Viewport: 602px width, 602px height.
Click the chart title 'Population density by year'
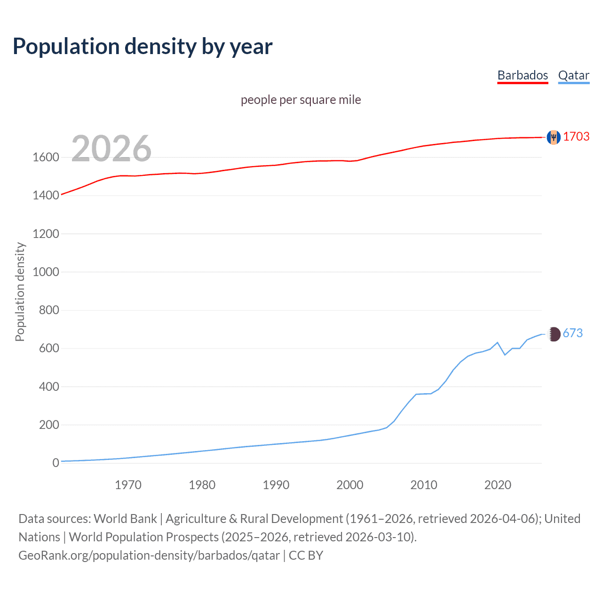pos(143,47)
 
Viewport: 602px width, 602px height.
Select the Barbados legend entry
pos(523,75)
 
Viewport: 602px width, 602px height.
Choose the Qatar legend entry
pos(573,75)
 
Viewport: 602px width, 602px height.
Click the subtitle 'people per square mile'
pos(301,100)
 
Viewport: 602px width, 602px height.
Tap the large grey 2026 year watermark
pos(111,149)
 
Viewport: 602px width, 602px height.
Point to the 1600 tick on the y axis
pos(46,157)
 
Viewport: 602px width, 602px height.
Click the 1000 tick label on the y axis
pos(46,272)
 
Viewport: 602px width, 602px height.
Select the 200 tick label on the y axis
pos(49,425)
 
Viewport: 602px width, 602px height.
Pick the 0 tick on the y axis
pos(55,463)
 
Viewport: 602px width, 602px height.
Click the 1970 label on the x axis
pos(128,485)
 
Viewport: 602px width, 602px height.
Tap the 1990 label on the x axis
pos(276,485)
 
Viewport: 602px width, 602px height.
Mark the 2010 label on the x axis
pos(424,485)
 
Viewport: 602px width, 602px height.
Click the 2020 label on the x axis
pos(498,485)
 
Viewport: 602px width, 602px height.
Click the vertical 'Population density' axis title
pos(20,292)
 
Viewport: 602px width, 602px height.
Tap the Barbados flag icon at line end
pos(554,137)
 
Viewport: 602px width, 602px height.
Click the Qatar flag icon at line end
pos(554,334)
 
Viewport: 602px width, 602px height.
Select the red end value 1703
pos(576,136)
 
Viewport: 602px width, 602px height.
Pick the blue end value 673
pos(572,333)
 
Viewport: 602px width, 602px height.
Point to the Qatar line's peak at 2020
pos(498,342)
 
